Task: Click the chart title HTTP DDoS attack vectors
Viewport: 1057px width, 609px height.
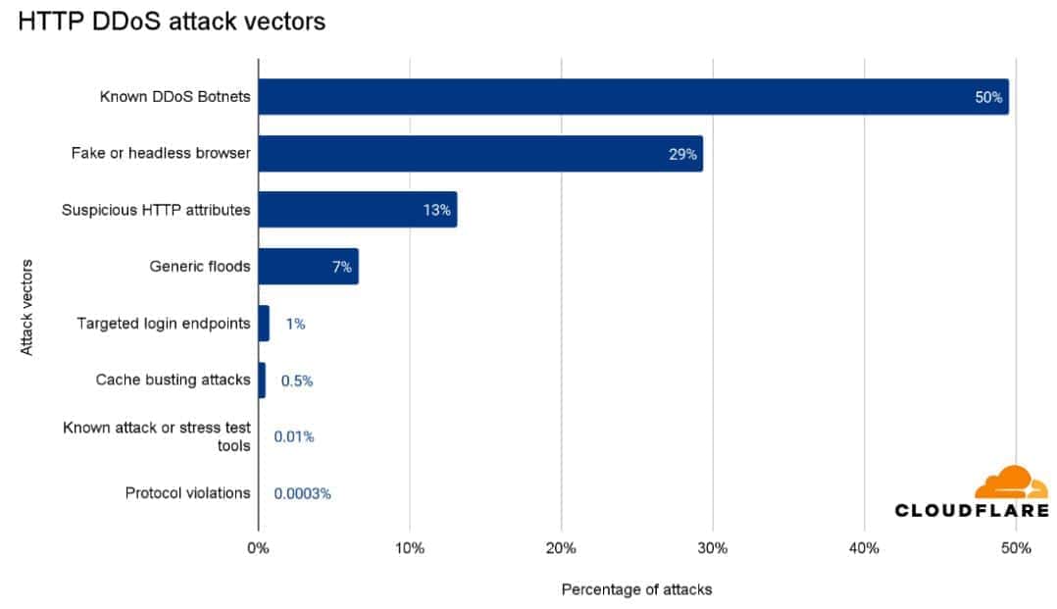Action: [x=172, y=21]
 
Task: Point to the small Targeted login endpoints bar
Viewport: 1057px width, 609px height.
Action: [x=264, y=323]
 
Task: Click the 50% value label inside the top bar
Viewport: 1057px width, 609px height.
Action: [x=987, y=98]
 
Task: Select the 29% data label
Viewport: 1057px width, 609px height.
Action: [x=682, y=154]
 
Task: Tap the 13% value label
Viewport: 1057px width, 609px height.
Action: [x=436, y=210]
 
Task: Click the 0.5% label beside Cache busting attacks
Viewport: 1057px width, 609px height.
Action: [x=297, y=381]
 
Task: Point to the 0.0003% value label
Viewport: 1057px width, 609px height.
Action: [x=302, y=493]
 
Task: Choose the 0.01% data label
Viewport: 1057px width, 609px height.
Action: [x=294, y=436]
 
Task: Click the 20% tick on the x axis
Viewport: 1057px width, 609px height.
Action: [x=561, y=548]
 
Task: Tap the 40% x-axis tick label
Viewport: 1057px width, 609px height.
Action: [x=864, y=548]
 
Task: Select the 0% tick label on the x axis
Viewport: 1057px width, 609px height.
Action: [x=258, y=548]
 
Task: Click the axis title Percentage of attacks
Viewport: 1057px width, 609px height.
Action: [x=636, y=589]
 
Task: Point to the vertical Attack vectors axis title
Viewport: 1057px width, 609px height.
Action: [x=26, y=307]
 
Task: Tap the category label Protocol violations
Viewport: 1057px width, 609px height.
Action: [x=187, y=493]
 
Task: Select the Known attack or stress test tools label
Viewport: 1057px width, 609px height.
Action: [x=157, y=436]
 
